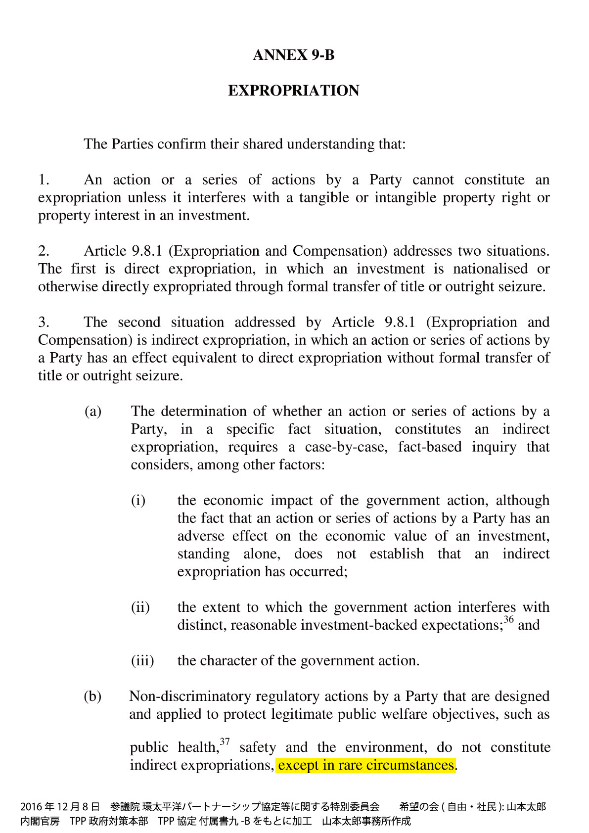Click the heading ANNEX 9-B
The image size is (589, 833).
tap(294, 55)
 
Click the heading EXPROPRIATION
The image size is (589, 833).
tap(294, 91)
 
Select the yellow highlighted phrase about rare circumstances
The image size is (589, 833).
tap(365, 765)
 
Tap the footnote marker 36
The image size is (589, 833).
tap(508, 619)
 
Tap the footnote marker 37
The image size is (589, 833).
tap(225, 741)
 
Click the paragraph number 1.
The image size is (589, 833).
tap(44, 180)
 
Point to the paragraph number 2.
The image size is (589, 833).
tap(44, 251)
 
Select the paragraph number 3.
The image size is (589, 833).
tap(44, 322)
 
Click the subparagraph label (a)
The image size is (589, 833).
tap(93, 411)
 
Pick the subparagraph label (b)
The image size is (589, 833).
tap(92, 696)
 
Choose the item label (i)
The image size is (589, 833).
tap(138, 500)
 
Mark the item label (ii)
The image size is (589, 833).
tap(140, 607)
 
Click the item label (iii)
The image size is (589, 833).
tap(142, 660)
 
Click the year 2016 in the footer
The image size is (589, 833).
tap(31, 807)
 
